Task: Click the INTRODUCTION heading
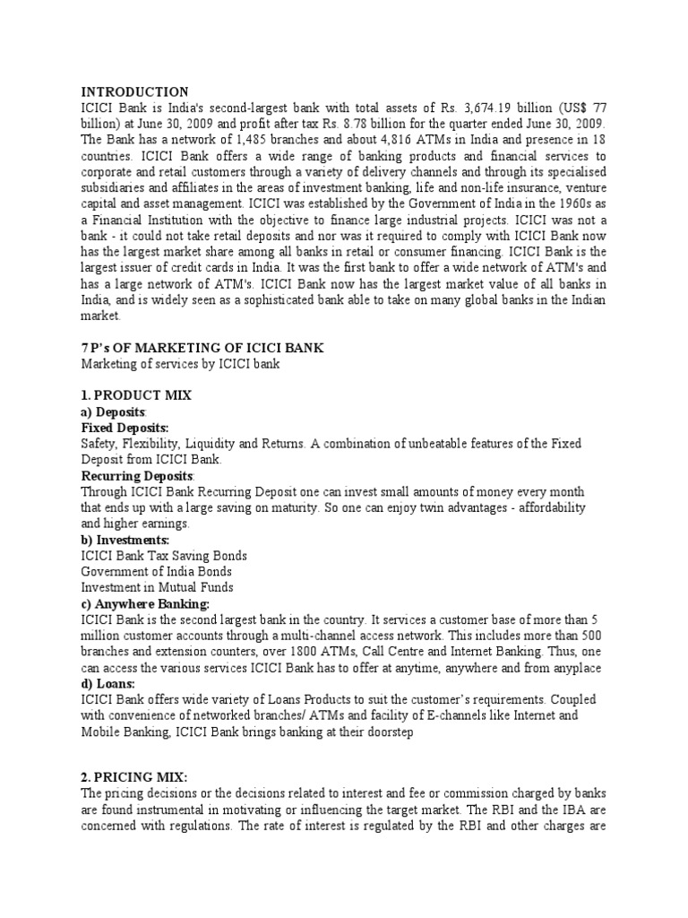click(134, 91)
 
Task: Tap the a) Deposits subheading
click(114, 411)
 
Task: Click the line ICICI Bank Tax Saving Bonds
click(164, 556)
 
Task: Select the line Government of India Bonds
click(156, 571)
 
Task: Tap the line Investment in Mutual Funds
click(157, 587)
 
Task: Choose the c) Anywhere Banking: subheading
click(145, 603)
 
